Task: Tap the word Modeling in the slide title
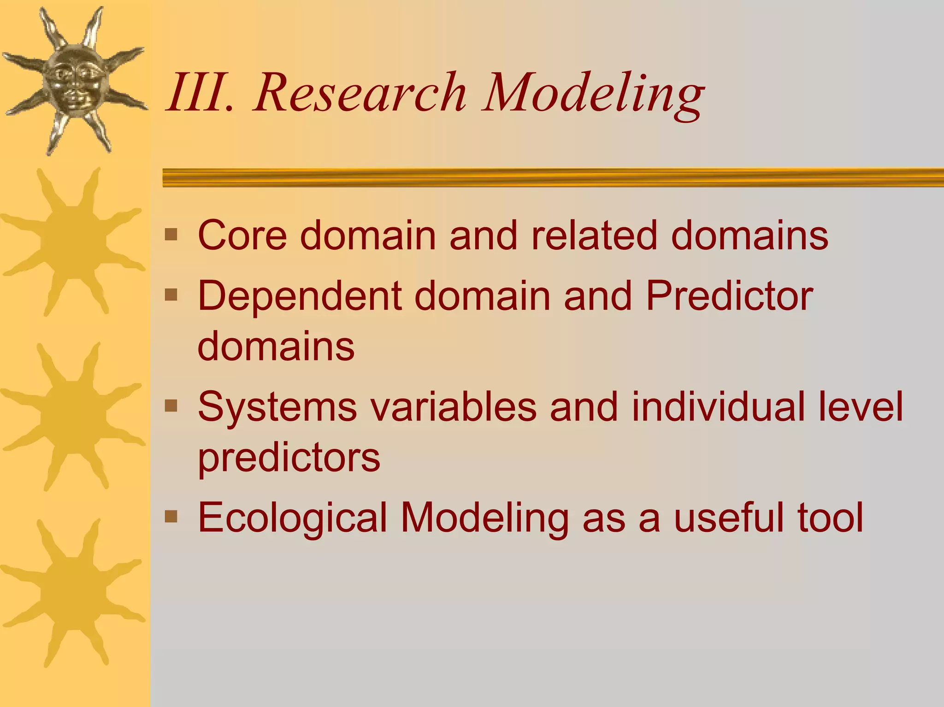593,94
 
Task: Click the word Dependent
300,297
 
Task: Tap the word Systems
277,408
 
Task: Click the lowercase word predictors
289,459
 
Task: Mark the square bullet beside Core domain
171,235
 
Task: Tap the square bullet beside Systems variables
171,406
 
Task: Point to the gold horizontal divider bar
553,177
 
